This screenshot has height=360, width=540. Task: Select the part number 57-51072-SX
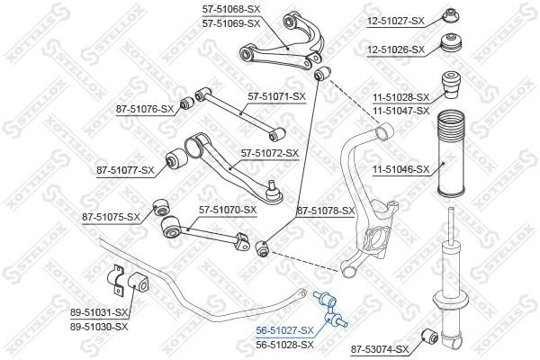pos(266,153)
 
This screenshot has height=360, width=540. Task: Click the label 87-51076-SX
pos(145,109)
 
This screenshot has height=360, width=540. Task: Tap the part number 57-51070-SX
pos(226,210)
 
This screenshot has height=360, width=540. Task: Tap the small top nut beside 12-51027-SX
pos(451,15)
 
